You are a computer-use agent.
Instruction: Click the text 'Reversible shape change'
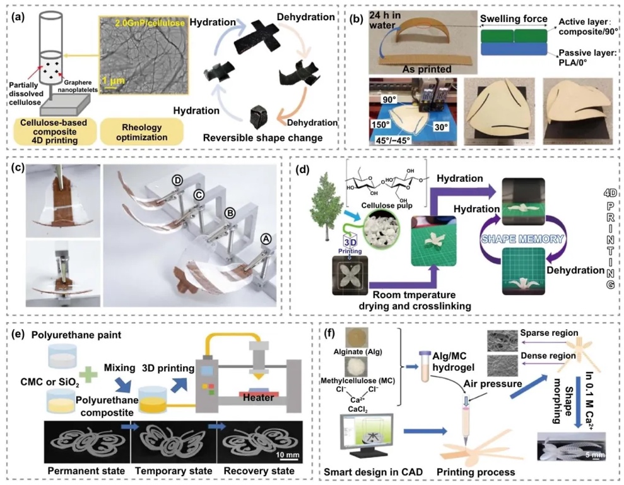click(x=266, y=136)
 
